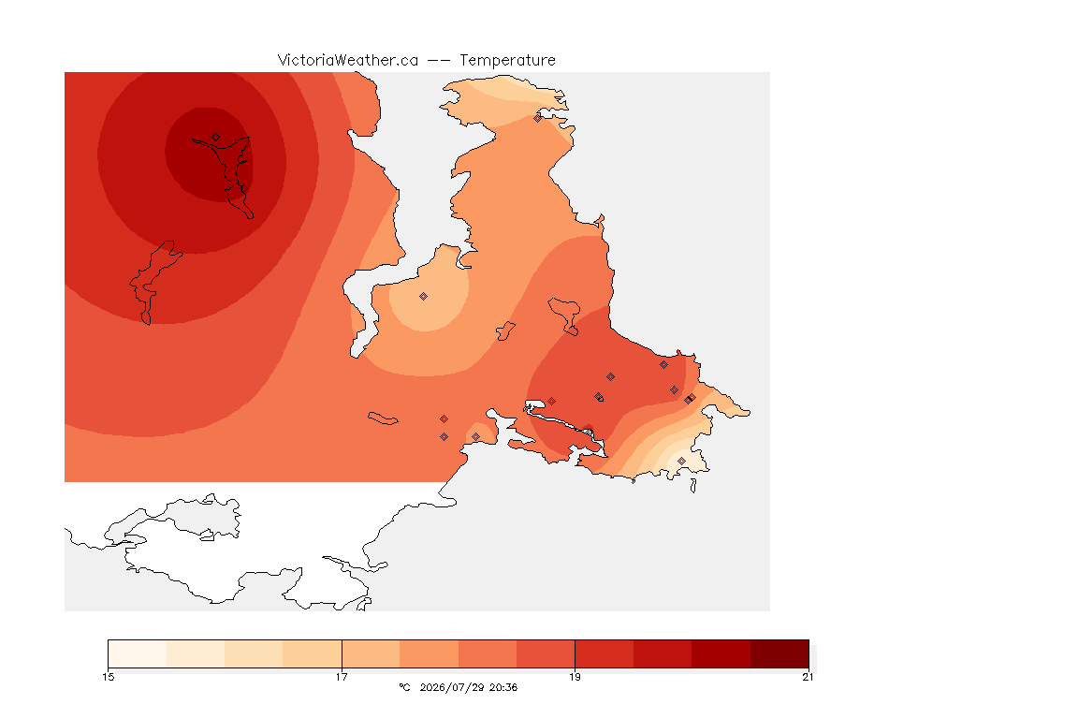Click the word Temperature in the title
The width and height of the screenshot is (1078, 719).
[507, 61]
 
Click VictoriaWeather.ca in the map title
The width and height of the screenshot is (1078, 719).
[348, 61]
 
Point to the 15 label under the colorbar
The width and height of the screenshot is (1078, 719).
[109, 677]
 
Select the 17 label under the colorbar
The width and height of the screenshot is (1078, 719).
[342, 677]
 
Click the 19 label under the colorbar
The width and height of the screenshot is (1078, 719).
[575, 677]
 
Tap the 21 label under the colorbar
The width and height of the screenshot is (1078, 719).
[808, 677]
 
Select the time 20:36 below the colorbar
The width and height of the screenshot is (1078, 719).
[503, 687]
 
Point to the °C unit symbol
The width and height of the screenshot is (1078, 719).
[404, 687]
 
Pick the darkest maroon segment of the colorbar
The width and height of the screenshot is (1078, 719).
[779, 653]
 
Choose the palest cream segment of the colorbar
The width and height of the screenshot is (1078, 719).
[138, 653]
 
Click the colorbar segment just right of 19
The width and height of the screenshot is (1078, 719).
[605, 653]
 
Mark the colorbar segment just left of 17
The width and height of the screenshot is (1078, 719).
[313, 653]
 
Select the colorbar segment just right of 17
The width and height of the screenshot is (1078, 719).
[371, 653]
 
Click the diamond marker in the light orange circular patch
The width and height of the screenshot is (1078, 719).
[424, 297]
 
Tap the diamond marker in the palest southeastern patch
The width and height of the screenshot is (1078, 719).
[681, 461]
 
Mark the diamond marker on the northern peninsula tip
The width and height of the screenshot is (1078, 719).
[538, 118]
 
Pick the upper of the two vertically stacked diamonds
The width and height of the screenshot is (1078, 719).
[444, 419]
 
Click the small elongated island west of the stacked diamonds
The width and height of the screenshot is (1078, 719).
[383, 418]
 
